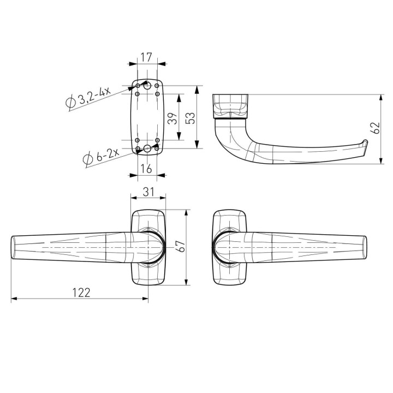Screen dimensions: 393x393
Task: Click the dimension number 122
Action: pyautogui.click(x=81, y=293)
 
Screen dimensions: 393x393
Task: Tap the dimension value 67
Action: pyautogui.click(x=181, y=246)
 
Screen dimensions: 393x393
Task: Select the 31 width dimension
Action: pyautogui.click(x=148, y=192)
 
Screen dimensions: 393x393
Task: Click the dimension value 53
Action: pyautogui.click(x=190, y=118)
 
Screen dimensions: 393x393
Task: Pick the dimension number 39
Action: pyautogui.click(x=172, y=118)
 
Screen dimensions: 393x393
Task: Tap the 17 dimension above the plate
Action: pyautogui.click(x=146, y=57)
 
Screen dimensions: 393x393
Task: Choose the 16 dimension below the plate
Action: pyautogui.click(x=146, y=169)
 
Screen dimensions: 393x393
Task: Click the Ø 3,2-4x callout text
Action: pyautogui.click(x=88, y=97)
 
